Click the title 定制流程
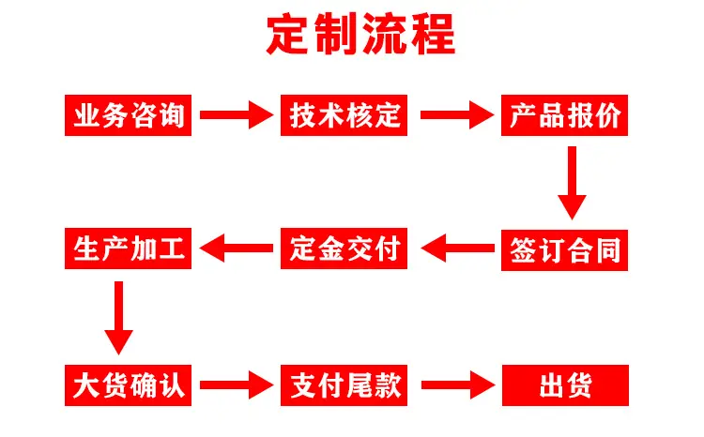[361, 35]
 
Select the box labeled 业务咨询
[128, 115]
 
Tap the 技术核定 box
[344, 115]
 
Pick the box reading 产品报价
[564, 115]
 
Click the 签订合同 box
[564, 250]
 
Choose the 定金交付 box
[344, 249]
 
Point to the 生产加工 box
[128, 249]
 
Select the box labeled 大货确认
[128, 385]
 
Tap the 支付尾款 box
[344, 385]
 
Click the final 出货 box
[565, 385]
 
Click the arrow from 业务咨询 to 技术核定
[237, 114]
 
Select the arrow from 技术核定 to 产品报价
[457, 114]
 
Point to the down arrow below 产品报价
[572, 183]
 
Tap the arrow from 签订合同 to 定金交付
[458, 249]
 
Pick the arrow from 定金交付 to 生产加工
[237, 249]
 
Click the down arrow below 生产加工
[118, 318]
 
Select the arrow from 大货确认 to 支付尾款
[237, 385]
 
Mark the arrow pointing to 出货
[458, 385]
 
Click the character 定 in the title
[287, 35]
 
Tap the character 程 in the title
[434, 35]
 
